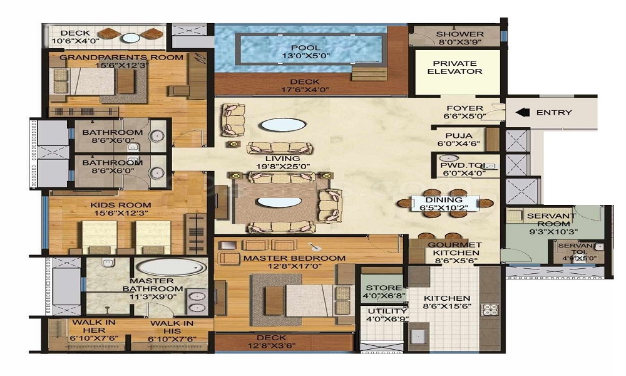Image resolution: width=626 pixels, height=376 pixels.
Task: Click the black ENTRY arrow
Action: tap(522, 112)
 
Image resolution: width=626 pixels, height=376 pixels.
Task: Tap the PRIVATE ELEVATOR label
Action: tap(454, 67)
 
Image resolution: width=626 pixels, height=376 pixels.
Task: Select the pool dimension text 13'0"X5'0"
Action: tap(306, 56)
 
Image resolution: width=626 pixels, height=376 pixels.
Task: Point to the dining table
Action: tap(445, 204)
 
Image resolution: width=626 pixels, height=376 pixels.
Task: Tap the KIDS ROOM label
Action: tap(121, 205)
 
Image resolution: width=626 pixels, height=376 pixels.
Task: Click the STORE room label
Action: tap(384, 288)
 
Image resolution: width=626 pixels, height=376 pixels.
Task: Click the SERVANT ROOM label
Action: tap(552, 220)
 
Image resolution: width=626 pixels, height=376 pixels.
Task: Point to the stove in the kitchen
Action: tap(490, 310)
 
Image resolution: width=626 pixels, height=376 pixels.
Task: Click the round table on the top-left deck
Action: tap(131, 38)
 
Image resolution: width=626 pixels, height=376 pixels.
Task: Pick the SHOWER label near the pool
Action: tap(459, 34)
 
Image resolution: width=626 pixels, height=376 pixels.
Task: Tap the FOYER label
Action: tap(464, 108)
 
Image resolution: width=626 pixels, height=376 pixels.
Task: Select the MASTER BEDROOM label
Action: tap(294, 258)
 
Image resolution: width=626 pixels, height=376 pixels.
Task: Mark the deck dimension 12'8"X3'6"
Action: tap(271, 346)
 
